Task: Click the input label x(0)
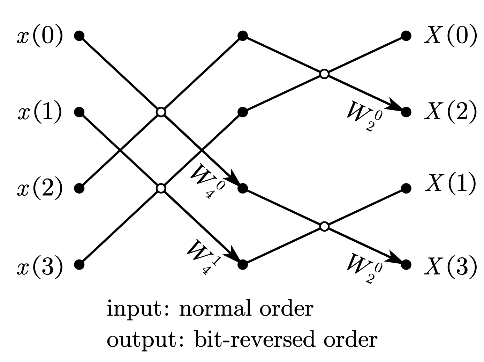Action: [40, 36]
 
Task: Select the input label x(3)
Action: [40, 265]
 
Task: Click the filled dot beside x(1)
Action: [80, 112]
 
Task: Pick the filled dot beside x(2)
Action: [80, 189]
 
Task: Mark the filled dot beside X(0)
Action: [406, 36]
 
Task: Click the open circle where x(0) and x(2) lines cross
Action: [160, 112]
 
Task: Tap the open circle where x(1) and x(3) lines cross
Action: [160, 188]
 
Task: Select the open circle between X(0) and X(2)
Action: [324, 74]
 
